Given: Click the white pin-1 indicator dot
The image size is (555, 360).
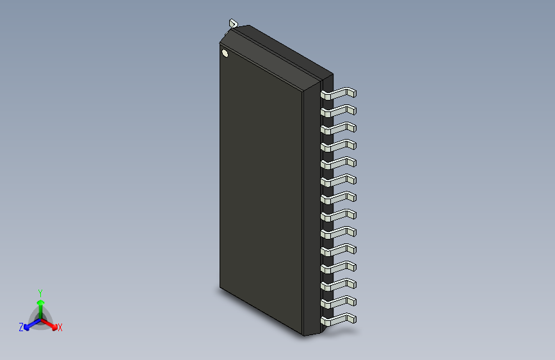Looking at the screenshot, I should [225, 53].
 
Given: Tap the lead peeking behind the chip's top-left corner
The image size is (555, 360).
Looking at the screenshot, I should [232, 24].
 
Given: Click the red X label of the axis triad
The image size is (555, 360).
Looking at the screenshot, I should [60, 328].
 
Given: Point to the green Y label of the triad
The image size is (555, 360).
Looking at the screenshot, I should [40, 291].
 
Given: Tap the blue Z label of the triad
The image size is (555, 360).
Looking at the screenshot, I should [21, 327].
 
